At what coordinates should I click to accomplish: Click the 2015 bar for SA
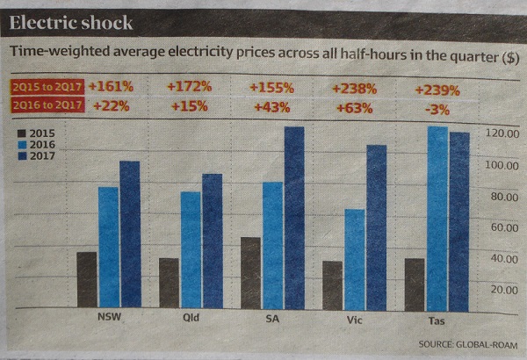coord(250,272)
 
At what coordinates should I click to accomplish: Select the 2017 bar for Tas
coord(459,220)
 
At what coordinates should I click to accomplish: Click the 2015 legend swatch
coord(22,133)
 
